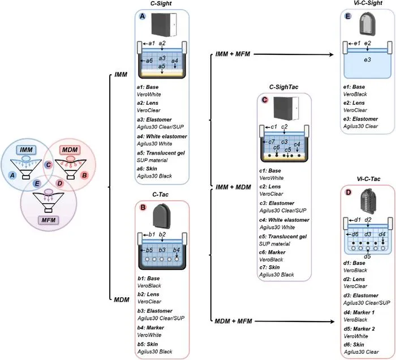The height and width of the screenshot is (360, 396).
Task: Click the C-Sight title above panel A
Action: [161, 3]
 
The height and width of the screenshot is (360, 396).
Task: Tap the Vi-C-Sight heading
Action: [368, 3]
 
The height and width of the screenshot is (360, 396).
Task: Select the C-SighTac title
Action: [283, 87]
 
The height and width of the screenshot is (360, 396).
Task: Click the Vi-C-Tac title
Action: [368, 179]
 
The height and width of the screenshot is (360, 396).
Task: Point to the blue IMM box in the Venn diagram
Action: [26, 150]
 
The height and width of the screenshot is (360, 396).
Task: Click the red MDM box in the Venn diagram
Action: [70, 150]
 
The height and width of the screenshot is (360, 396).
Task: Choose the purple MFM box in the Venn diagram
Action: [48, 220]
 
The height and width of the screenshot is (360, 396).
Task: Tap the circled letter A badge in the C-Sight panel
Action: [143, 16]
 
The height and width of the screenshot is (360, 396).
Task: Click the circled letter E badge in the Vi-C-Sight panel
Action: [348, 16]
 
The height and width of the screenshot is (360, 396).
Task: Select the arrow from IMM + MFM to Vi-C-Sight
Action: [294, 54]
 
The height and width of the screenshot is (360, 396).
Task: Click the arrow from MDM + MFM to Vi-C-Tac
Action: [295, 322]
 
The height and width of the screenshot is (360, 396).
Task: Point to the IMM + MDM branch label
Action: [233, 187]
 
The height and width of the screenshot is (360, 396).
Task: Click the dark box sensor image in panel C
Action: [286, 108]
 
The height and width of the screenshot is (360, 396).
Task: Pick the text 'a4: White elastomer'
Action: [162, 136]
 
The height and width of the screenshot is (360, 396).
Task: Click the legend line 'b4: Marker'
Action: [151, 328]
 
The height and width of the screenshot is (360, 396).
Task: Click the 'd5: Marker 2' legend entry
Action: [359, 329]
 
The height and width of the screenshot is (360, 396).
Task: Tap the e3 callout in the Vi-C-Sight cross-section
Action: [368, 60]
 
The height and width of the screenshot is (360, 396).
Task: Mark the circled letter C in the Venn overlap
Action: [48, 165]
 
